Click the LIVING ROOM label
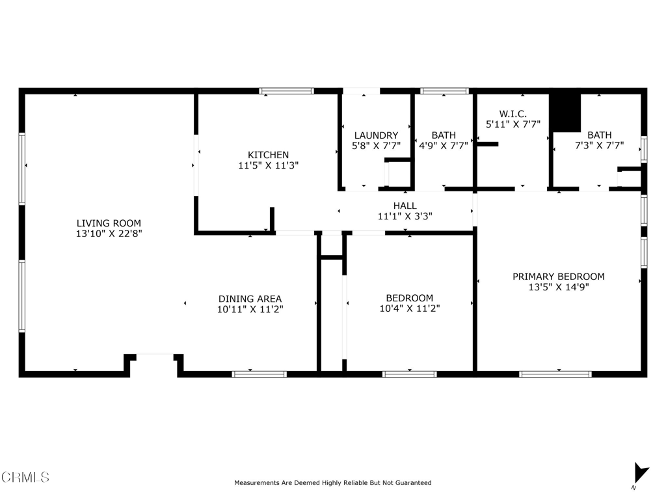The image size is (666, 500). pos(109,223)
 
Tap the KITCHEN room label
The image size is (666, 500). pos(268,155)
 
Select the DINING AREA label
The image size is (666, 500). pos(250,299)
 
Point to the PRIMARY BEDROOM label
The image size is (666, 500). pos(559,277)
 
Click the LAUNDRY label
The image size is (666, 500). pos(377,135)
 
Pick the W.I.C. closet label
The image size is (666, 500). pos(513,114)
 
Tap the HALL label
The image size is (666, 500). pos(405,206)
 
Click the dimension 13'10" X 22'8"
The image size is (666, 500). pos(109,234)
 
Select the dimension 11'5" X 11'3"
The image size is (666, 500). pos(269,165)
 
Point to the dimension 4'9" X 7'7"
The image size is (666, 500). pos(444,145)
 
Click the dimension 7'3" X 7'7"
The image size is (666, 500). pos(599,145)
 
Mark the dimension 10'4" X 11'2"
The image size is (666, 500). pos(410,308)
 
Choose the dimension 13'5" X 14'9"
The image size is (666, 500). pos(559,287)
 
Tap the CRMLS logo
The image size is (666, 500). pos(25,477)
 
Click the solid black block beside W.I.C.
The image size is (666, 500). pos(565,113)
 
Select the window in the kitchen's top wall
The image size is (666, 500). pos(287,90)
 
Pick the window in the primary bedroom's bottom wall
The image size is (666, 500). pos(555,374)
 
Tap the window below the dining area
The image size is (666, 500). pos(259,374)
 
